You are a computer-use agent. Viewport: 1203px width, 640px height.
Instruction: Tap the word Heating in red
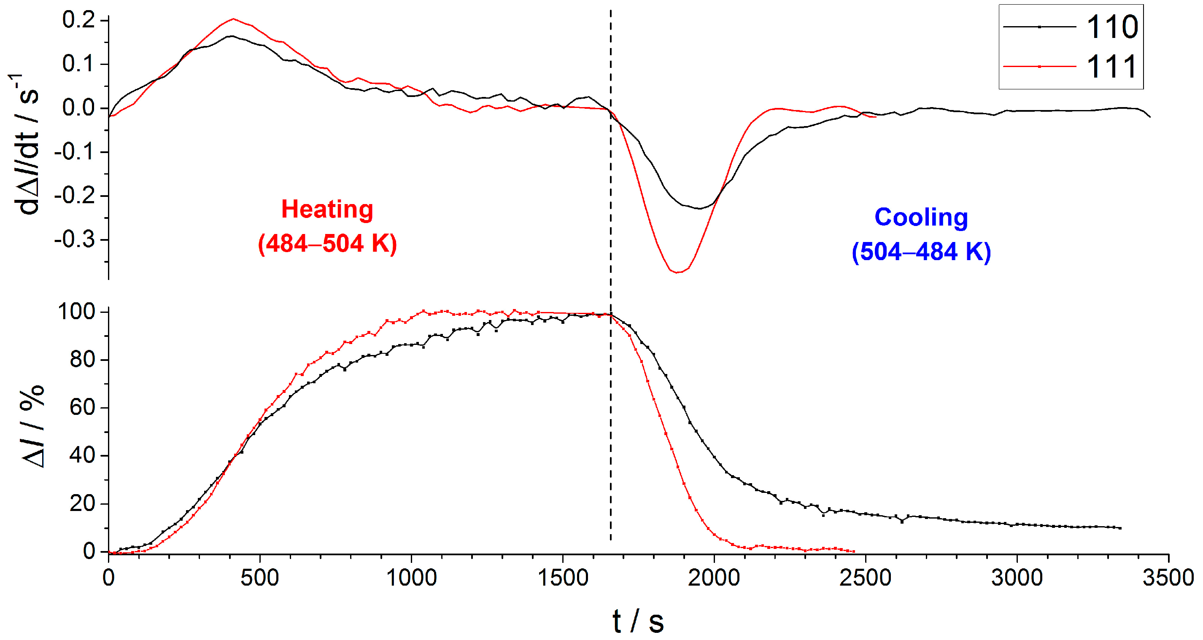coord(327,210)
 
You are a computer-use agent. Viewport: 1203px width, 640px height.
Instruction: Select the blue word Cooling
coord(921,218)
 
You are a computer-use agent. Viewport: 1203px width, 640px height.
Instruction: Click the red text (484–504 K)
coord(327,244)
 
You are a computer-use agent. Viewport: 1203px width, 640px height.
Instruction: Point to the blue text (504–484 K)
coord(921,252)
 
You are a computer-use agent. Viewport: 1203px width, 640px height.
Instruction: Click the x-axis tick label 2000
coord(714,578)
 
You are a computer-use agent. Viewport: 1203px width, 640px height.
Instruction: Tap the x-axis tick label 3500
coord(1168,578)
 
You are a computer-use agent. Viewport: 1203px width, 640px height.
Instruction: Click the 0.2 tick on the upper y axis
coord(78,20)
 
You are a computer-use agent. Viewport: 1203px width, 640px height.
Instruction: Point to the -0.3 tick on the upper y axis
coord(74,240)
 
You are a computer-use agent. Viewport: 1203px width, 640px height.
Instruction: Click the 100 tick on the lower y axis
coord(76,312)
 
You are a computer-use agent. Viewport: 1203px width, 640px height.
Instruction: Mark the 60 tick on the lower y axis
coord(82,408)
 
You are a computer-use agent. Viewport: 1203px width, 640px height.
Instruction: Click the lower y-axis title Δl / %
coord(33,426)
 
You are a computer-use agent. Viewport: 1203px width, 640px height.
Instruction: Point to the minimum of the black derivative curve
coord(699,209)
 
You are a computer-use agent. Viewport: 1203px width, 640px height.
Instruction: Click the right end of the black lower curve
coord(1120,528)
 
